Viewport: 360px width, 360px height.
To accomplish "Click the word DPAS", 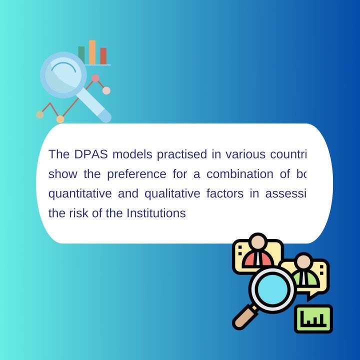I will pyautogui.click(x=90, y=154).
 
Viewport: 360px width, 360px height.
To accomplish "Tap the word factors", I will pyautogui.click(x=225, y=194).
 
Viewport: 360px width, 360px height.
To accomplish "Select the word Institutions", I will pyautogui.click(x=156, y=213).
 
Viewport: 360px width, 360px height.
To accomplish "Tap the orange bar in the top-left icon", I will pyautogui.click(x=92, y=52).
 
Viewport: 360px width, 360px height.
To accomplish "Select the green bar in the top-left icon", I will pyautogui.click(x=81, y=55).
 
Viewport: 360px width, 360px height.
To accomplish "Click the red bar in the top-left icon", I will pyautogui.click(x=103, y=56).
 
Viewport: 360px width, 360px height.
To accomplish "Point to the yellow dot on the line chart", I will pyautogui.click(x=60, y=119).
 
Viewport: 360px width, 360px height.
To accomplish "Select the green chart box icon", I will pyautogui.click(x=313, y=319).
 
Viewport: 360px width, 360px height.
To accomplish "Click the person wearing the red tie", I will pyautogui.click(x=258, y=252).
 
